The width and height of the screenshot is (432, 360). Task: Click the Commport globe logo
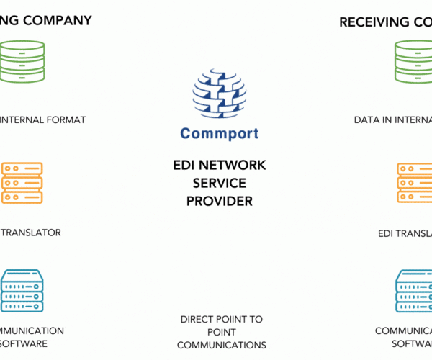pos(220,94)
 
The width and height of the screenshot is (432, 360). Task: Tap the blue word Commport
pos(220,133)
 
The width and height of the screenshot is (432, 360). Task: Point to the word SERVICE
pos(220,184)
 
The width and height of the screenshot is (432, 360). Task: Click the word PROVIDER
pos(220,202)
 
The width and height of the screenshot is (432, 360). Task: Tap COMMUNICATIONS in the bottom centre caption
pos(222,345)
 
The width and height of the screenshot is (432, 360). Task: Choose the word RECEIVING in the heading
pos(373,22)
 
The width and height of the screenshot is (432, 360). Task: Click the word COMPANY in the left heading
pos(58,20)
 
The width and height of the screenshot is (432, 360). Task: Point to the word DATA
pos(367,120)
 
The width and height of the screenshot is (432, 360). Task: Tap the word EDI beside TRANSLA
pos(389,233)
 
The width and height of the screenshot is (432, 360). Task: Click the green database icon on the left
pos(22,62)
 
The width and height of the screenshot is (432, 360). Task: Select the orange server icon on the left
pos(22,183)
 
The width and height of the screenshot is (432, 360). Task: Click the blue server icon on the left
pos(22,290)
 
